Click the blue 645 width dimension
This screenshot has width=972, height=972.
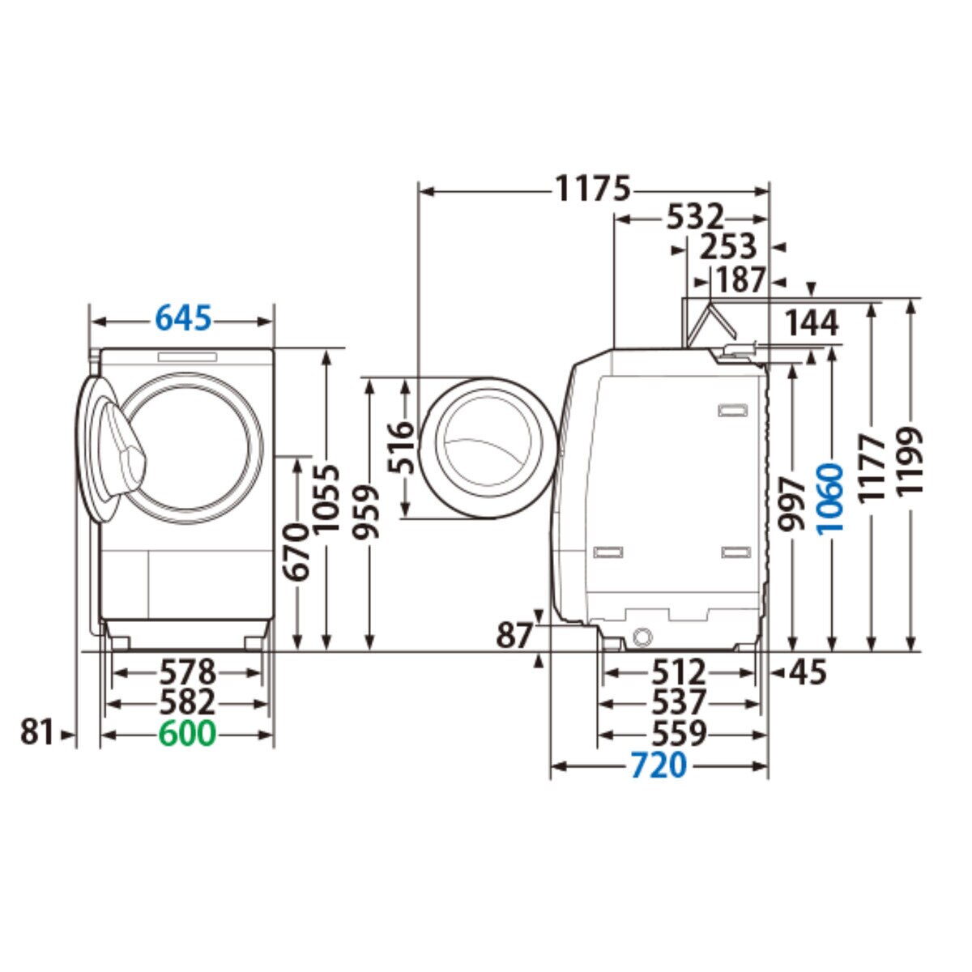coord(183,319)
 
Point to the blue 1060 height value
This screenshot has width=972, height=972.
coord(830,499)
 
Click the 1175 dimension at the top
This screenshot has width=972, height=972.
coord(593,189)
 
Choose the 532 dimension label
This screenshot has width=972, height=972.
coord(695,218)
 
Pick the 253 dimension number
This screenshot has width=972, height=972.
coord(728,247)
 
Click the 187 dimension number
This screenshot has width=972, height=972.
coord(741,279)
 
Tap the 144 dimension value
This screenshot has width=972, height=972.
coord(812,323)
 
